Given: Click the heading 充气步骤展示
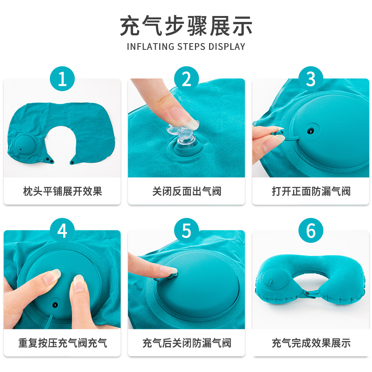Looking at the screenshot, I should pos(186,26).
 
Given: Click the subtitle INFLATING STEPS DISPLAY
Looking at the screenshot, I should pos(186,46).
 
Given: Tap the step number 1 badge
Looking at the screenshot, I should pos(62,79).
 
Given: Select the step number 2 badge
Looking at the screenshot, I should pos(186,79).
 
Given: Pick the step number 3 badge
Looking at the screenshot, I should pos(311,79).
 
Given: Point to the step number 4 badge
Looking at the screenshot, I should pos(62,231).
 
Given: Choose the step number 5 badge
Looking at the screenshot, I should pos(186,231).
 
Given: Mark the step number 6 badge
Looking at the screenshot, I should pos(311,231).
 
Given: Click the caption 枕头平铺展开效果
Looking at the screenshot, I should pos(62,191).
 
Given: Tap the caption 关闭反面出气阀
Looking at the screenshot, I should pos(186,191).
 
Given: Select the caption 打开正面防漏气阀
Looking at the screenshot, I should pos(311,191).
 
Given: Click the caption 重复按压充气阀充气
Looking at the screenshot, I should pos(62,343).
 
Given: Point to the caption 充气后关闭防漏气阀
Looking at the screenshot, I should pos(186,343).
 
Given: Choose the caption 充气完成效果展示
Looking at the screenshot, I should pos(311,343).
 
